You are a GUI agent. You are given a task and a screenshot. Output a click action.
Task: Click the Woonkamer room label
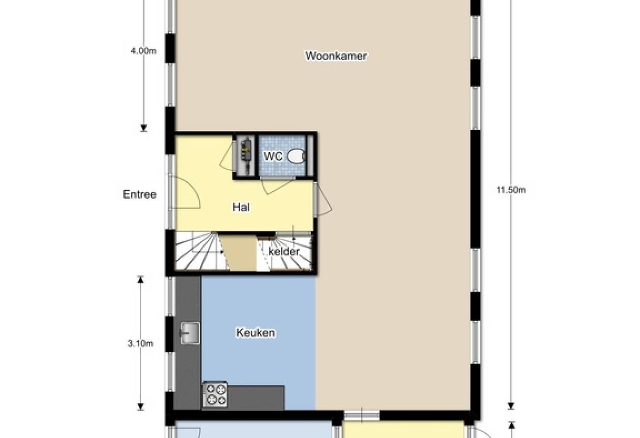click(x=336, y=56)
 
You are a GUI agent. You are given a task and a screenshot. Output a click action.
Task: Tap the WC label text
click(x=273, y=156)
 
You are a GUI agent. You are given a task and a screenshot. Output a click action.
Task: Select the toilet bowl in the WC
click(x=296, y=156)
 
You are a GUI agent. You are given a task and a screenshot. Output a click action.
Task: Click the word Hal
click(x=241, y=207)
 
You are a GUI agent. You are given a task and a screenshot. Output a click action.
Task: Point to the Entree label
click(x=139, y=194)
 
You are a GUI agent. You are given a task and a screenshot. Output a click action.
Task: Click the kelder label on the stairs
click(x=284, y=251)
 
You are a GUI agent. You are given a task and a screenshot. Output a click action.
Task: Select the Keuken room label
click(x=256, y=332)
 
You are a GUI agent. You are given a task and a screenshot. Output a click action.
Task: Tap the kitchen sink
click(x=190, y=333)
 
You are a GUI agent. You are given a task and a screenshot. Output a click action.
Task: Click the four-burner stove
click(x=215, y=394)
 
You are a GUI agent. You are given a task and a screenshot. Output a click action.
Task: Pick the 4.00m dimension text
click(x=143, y=51)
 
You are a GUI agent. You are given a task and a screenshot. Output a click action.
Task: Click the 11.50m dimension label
click(x=511, y=190)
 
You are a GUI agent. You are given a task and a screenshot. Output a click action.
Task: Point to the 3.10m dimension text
click(x=140, y=344)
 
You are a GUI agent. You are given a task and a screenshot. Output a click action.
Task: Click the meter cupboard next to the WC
click(x=246, y=156)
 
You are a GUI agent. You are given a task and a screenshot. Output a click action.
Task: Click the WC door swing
click(x=274, y=186)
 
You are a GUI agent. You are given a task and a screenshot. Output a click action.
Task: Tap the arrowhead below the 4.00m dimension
click(x=143, y=128)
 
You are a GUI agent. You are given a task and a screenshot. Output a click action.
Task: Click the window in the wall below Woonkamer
click(x=362, y=415)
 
